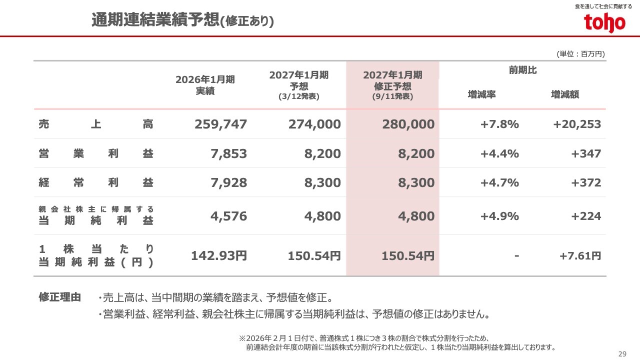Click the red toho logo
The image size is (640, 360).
pos(604,22)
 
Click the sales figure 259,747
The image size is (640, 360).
pos(220,124)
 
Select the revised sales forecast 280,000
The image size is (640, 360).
pos(408,124)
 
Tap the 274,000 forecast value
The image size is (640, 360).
pos(314,124)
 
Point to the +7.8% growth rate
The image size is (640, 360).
pos(499,124)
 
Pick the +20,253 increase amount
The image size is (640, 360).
pos(577,124)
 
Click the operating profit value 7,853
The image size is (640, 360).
pos(228,153)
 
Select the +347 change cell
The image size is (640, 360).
pos(586,153)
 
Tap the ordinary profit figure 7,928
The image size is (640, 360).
pos(228,182)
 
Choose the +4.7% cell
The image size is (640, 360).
pos(499,182)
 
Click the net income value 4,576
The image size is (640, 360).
pos(228,216)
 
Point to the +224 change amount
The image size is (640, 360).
pos(586,216)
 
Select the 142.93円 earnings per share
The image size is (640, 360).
pos(219,255)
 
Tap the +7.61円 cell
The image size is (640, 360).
pos(580,255)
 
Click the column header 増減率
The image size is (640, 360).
pos(481,94)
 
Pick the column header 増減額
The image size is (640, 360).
pos(565,94)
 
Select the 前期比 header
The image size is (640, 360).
pos(523,70)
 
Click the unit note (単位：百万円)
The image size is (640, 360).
pos(580,54)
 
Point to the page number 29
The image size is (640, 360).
pos(622,353)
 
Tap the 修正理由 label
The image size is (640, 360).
pos(60,297)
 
